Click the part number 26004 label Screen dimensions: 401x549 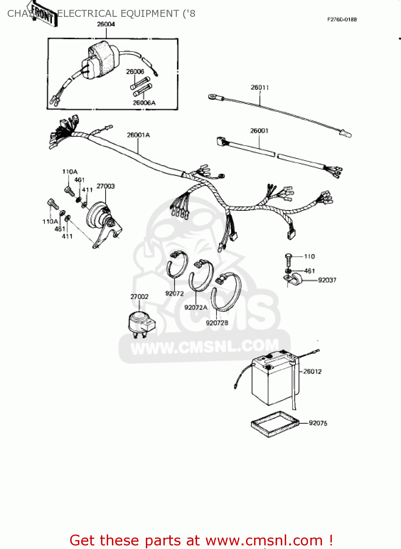(x=106, y=24)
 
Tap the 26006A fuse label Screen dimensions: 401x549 (x=144, y=103)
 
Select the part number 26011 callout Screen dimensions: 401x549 (x=260, y=87)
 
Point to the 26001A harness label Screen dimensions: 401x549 (x=138, y=135)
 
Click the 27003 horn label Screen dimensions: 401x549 (x=106, y=186)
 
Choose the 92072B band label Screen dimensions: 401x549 (x=217, y=323)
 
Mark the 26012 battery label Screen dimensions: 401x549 (x=313, y=371)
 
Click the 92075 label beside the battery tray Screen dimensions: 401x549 (x=318, y=423)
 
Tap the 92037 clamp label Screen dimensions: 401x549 (x=327, y=280)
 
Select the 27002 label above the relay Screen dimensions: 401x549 (x=139, y=296)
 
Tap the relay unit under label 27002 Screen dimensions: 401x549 (x=141, y=322)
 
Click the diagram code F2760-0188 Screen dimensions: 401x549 (x=342, y=19)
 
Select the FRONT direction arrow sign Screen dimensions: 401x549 (x=43, y=14)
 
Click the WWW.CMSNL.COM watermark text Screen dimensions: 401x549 (x=205, y=347)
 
